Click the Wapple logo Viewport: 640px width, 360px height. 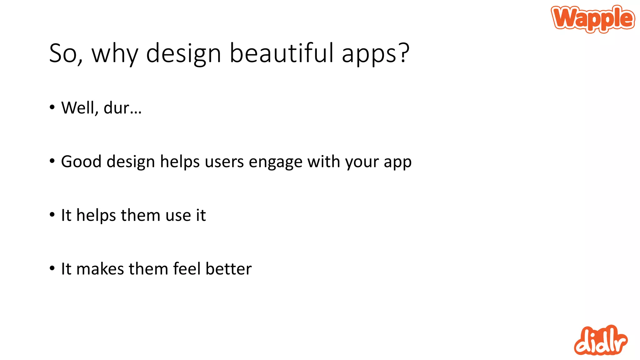click(x=593, y=19)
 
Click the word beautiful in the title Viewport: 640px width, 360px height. click(x=282, y=53)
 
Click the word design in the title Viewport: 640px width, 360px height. click(x=184, y=54)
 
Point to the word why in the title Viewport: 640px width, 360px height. click(x=115, y=54)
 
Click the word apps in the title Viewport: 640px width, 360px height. click(x=369, y=54)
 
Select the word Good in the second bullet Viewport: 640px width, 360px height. click(x=81, y=162)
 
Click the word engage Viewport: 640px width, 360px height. click(x=275, y=162)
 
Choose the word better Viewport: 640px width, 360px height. click(x=228, y=269)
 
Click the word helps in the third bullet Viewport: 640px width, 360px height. click(x=96, y=216)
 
